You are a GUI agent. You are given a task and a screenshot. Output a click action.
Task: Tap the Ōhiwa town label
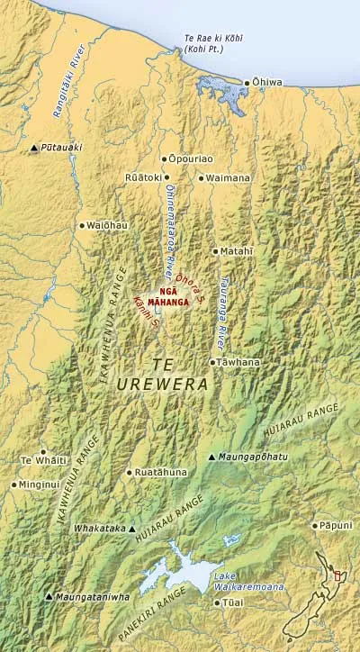[x=268, y=83]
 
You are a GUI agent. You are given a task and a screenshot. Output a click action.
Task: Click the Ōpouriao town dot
[x=164, y=158]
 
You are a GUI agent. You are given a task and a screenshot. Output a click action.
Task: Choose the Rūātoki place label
[x=142, y=177]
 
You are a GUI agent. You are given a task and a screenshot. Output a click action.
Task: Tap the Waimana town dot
[x=202, y=178]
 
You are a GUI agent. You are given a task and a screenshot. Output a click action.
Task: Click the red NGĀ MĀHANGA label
[x=174, y=297]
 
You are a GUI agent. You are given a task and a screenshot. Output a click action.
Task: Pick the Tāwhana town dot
[x=212, y=362]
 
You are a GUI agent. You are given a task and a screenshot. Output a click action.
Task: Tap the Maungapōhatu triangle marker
[x=211, y=457]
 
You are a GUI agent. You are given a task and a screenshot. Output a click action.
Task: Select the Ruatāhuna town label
[x=163, y=471]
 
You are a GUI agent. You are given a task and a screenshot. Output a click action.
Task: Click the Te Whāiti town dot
[x=42, y=451]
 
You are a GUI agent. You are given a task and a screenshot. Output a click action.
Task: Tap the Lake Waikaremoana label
[x=250, y=580]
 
